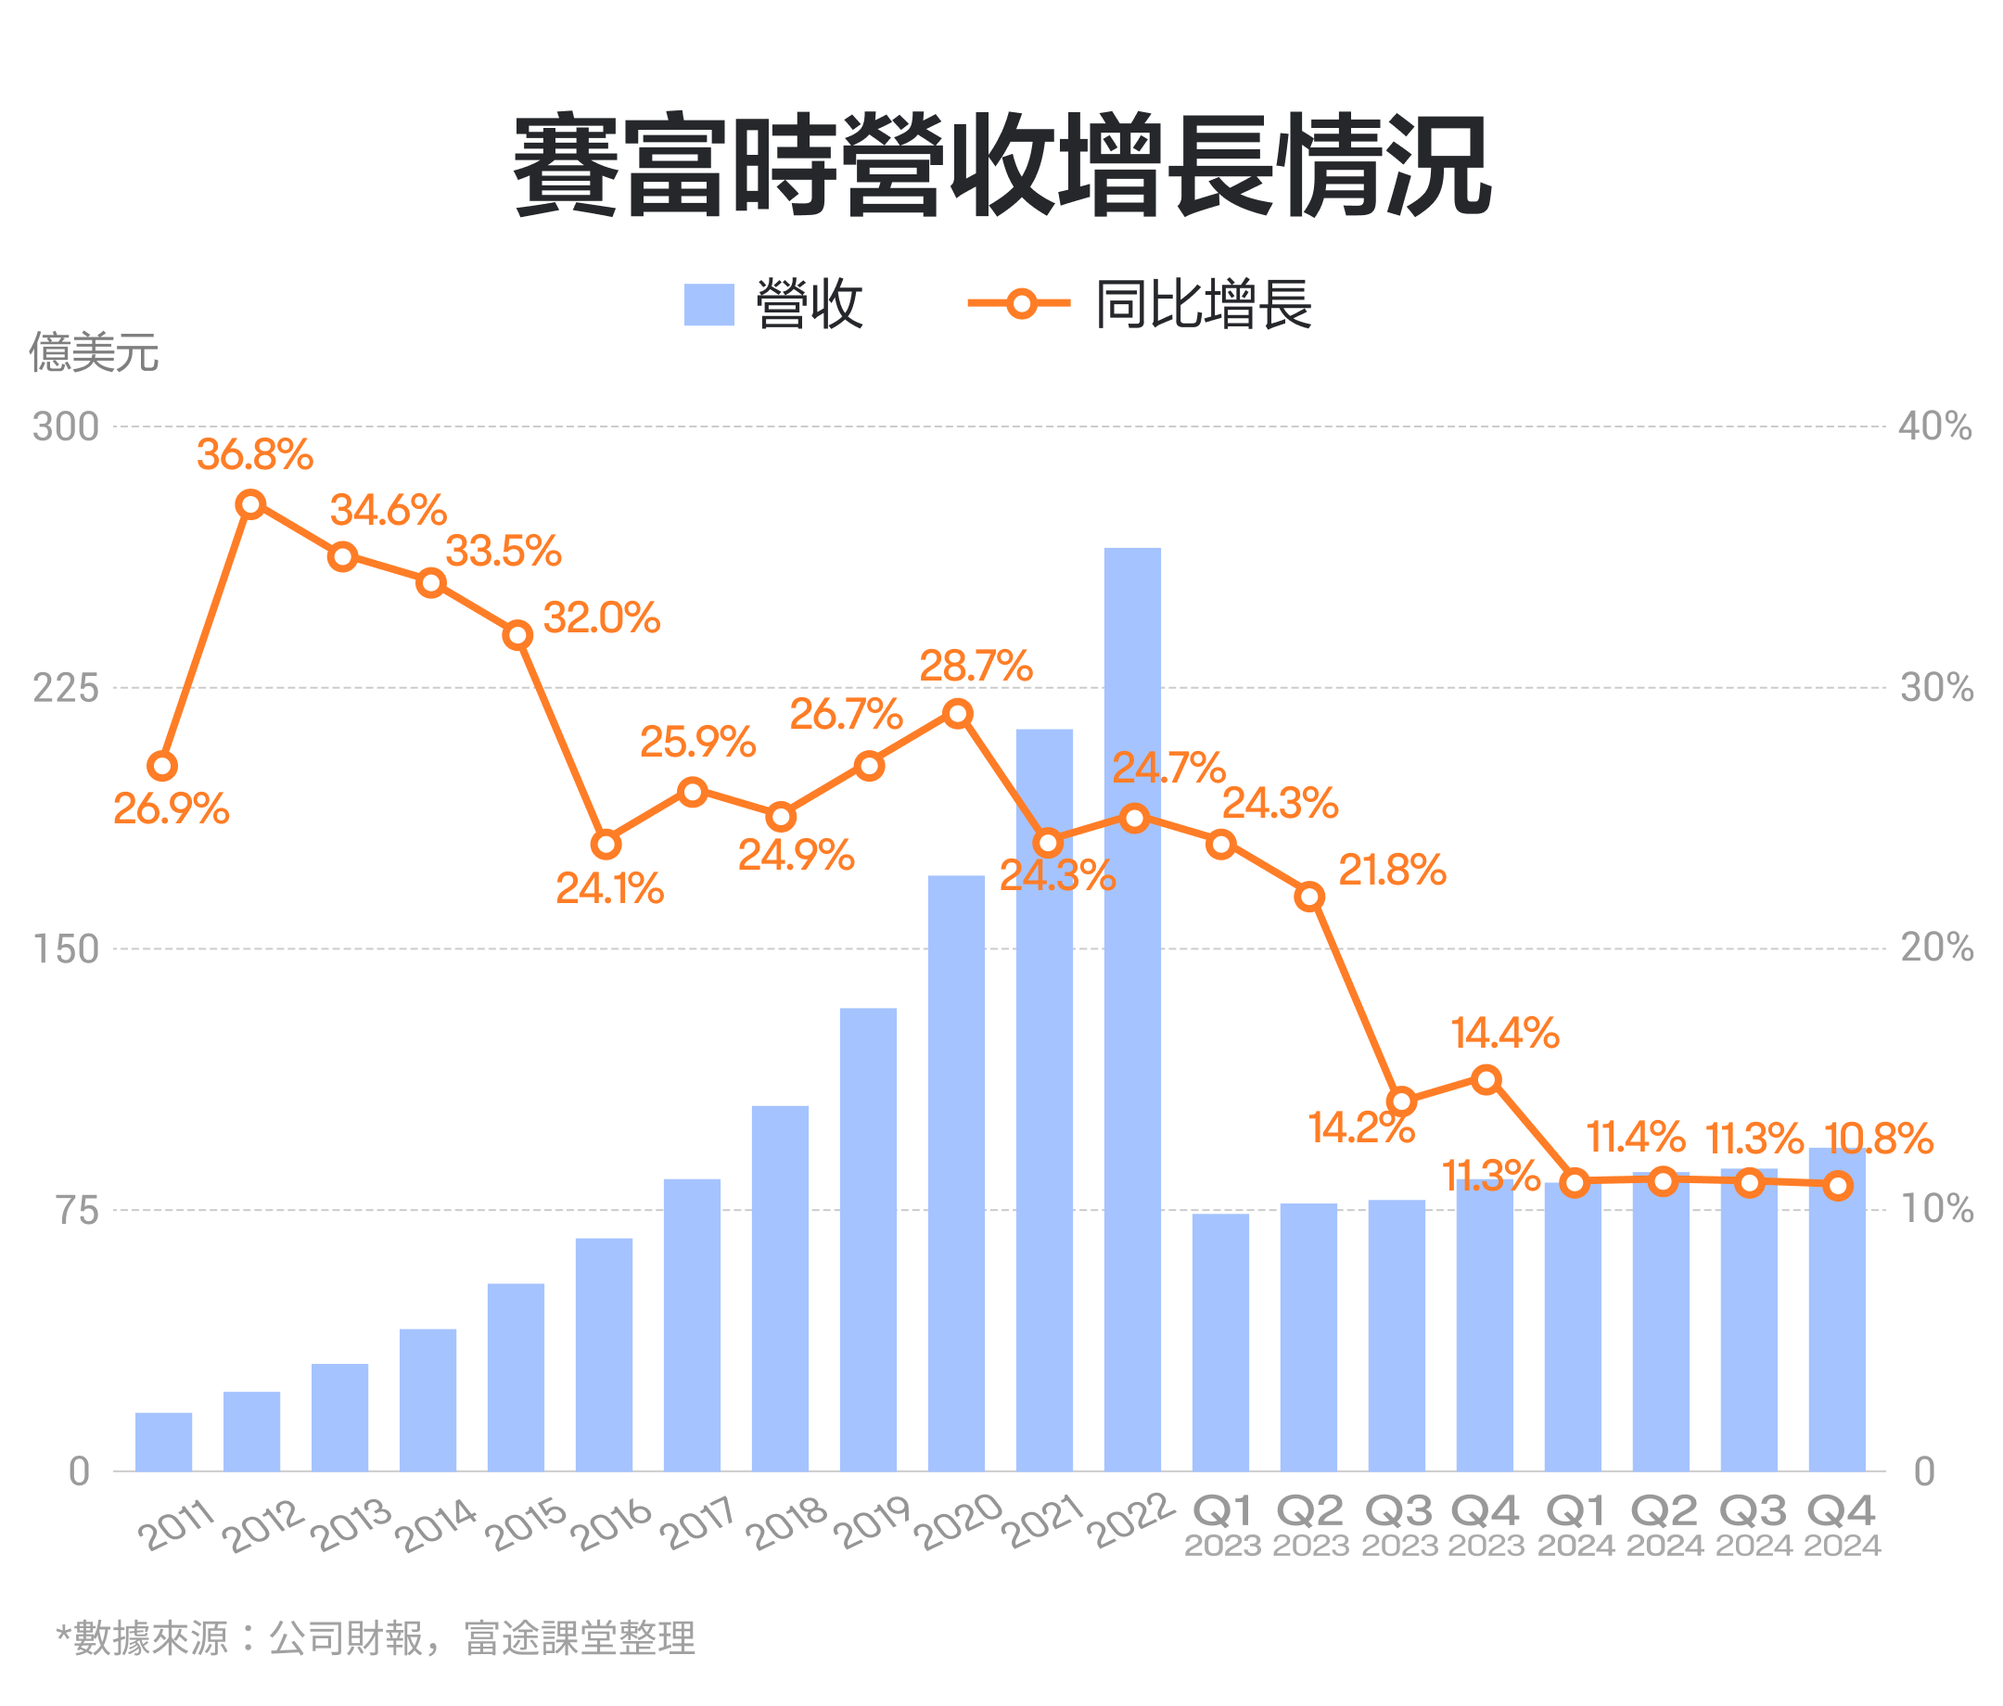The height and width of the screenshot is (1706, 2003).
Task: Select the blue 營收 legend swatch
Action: tap(708, 304)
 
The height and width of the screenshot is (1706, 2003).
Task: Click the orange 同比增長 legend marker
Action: tap(1020, 303)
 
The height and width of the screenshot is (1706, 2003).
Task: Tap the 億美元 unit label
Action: tap(94, 351)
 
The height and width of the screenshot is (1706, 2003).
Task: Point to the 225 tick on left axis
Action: tap(66, 688)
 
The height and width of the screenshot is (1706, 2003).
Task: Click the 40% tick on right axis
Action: tap(1934, 426)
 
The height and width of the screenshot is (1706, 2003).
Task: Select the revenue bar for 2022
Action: tap(1132, 1015)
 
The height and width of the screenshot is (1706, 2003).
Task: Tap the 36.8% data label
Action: tap(255, 455)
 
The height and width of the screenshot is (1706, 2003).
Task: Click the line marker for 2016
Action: tap(606, 845)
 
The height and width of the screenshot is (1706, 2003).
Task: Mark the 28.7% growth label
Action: tap(976, 666)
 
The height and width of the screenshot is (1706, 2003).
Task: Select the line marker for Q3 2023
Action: tap(1401, 1101)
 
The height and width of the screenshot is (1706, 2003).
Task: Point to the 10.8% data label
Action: tap(1879, 1139)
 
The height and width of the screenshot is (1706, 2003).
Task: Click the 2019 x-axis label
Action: tap(873, 1521)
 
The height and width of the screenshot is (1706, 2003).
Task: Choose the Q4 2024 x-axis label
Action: tap(1842, 1524)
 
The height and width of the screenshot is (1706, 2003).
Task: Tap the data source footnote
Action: tap(375, 1637)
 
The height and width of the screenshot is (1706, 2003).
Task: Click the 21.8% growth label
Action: tap(1391, 871)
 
